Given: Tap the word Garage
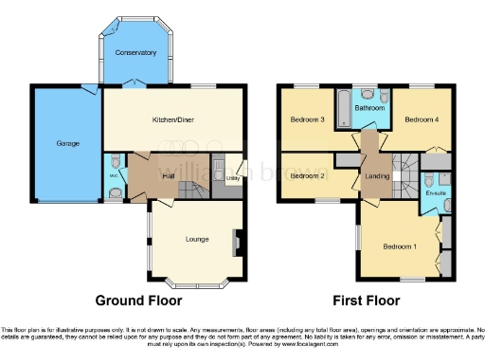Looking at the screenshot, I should (x=66, y=143).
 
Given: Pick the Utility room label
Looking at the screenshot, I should (x=233, y=176).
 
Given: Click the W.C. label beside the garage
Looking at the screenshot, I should (x=113, y=174).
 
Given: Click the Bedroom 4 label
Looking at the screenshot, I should (x=422, y=120).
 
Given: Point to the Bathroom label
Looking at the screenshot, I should (x=369, y=108).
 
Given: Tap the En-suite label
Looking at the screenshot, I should (x=436, y=193).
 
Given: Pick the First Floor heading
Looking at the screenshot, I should (x=373, y=300).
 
